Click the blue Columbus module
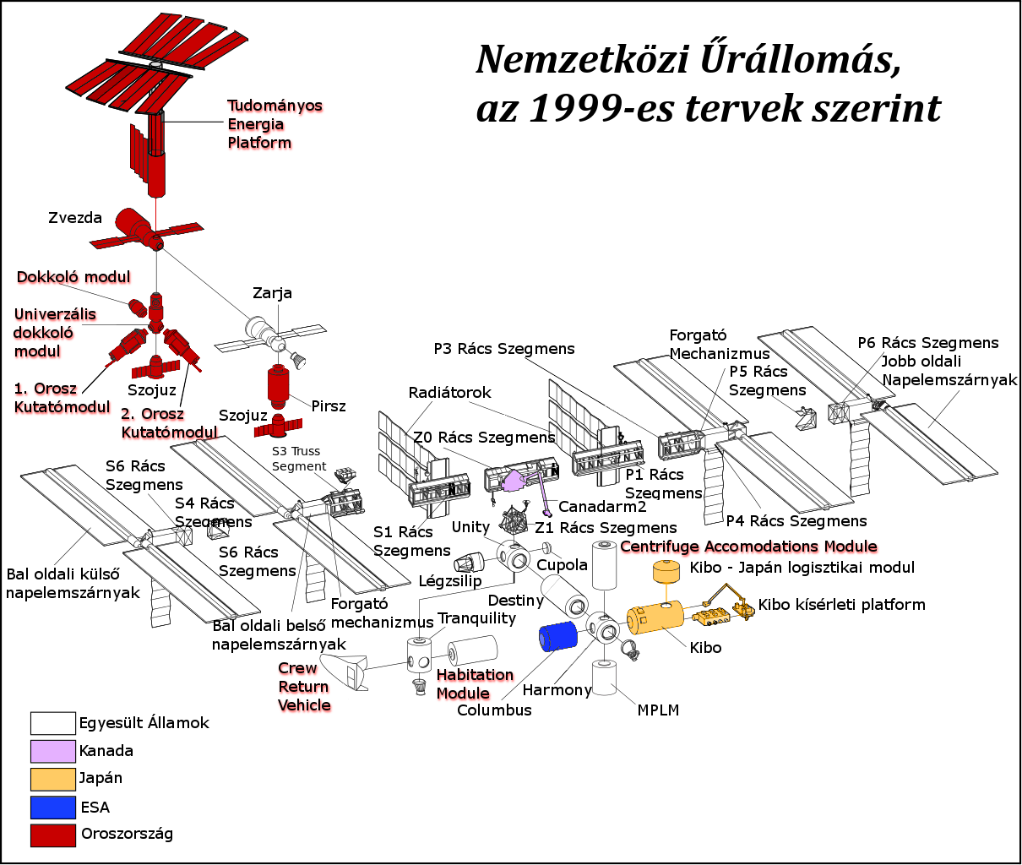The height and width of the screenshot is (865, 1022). click(x=557, y=636)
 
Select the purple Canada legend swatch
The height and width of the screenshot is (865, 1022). click(x=52, y=751)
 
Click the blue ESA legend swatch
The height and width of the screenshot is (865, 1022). click(x=52, y=807)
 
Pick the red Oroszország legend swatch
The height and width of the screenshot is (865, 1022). click(x=52, y=835)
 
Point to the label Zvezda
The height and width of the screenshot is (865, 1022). click(x=75, y=218)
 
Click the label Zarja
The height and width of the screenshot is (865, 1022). click(x=272, y=293)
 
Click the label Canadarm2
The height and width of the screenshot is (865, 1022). click(x=602, y=507)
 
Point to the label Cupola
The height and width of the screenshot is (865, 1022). click(x=562, y=565)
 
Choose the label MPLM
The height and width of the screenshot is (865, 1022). click(x=658, y=710)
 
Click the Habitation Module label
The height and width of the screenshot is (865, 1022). click(x=475, y=684)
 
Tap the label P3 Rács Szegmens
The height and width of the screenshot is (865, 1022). click(x=504, y=349)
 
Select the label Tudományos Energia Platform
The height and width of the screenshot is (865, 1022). click(x=275, y=124)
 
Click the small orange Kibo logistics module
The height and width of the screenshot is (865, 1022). click(x=666, y=573)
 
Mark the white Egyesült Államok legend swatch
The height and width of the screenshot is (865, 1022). click(x=52, y=723)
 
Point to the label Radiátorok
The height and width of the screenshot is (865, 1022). click(x=449, y=393)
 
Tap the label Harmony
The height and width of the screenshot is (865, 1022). click(x=557, y=690)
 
